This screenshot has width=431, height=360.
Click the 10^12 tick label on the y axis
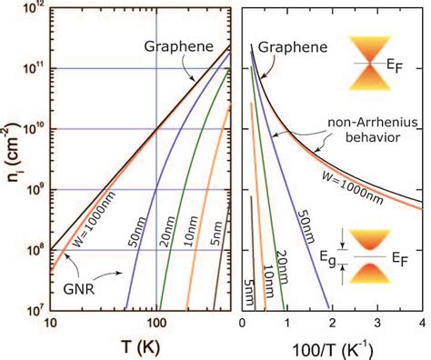pyautogui.click(x=31, y=9)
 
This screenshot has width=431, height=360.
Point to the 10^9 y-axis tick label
pyautogui.click(x=32, y=189)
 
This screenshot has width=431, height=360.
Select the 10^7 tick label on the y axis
pyautogui.click(x=32, y=310)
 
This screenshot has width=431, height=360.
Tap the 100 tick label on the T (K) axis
pyautogui.click(x=156, y=325)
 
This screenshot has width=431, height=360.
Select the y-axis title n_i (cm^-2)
pyautogui.click(x=10, y=160)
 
